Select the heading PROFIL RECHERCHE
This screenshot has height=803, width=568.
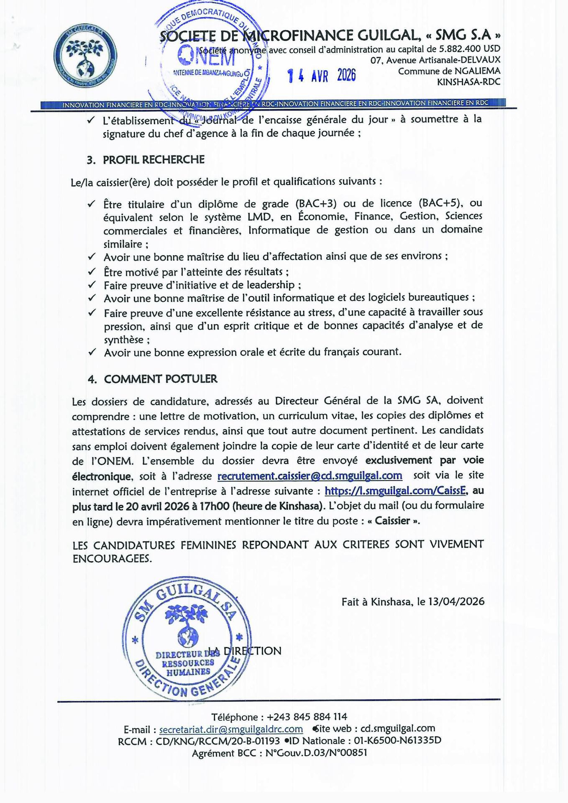click(x=154, y=160)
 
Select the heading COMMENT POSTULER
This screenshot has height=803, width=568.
click(x=161, y=379)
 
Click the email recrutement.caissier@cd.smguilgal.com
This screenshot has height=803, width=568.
click(x=310, y=476)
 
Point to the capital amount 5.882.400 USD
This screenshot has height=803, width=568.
click(x=469, y=49)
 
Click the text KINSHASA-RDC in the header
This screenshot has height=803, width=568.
click(x=468, y=82)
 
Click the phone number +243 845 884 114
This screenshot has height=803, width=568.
click(x=307, y=717)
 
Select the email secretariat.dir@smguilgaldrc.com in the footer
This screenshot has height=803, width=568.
click(x=231, y=729)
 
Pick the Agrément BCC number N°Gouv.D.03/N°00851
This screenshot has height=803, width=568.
click(x=316, y=753)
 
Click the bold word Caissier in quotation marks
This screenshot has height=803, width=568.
click(x=392, y=521)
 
